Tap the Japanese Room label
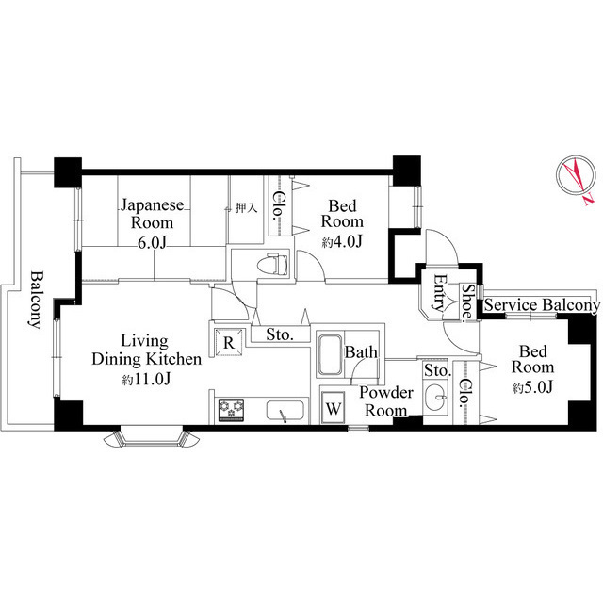146,213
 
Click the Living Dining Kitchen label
146,350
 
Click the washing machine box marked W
333,409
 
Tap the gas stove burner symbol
232,410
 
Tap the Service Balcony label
542,305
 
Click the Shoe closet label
466,301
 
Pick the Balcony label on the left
34,299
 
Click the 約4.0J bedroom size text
342,241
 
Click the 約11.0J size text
146,379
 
